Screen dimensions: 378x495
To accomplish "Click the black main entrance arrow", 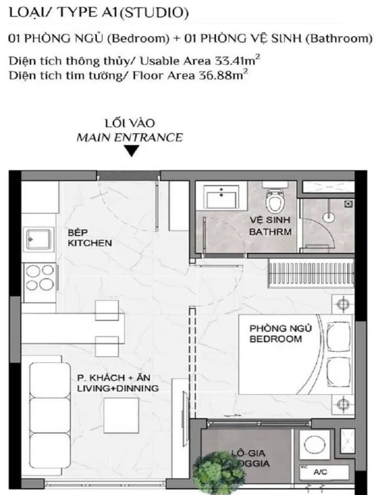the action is pyautogui.click(x=131, y=151).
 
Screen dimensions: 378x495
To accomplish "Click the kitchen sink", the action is pyautogui.click(x=39, y=239).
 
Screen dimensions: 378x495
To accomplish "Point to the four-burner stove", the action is pyautogui.click(x=40, y=278).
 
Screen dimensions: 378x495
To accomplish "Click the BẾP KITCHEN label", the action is pyautogui.click(x=90, y=238).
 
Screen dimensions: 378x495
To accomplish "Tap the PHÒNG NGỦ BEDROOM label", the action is pyautogui.click(x=281, y=333).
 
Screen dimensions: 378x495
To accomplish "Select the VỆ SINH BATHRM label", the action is pyautogui.click(x=270, y=226).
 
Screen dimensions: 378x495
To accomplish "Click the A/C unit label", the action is pyautogui.click(x=320, y=472).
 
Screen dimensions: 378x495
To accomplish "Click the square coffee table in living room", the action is pyautogui.click(x=121, y=415).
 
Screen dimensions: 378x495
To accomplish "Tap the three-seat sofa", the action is pyautogui.click(x=50, y=415).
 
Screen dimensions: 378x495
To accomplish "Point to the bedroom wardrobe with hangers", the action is pyautogui.click(x=311, y=273).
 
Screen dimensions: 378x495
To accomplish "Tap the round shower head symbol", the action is pyautogui.click(x=328, y=217).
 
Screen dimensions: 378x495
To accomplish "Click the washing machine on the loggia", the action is pyautogui.click(x=314, y=445).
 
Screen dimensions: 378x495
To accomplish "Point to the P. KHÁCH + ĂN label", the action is pyautogui.click(x=114, y=378).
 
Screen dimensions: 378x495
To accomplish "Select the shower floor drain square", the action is pyautogui.click(x=348, y=204).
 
